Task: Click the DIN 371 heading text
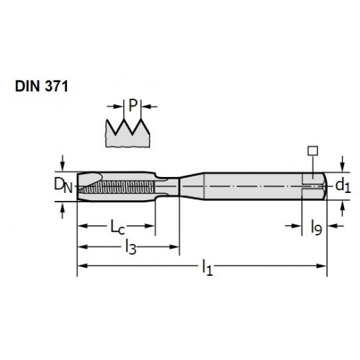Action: click(x=42, y=86)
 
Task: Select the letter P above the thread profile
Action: click(x=132, y=105)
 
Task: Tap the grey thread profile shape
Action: click(x=127, y=135)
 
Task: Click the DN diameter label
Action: click(x=63, y=186)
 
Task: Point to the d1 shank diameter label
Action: click(x=343, y=185)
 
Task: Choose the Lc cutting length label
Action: click(x=117, y=227)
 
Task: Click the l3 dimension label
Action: click(x=131, y=247)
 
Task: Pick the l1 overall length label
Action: click(x=207, y=267)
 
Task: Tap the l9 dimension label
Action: click(x=316, y=228)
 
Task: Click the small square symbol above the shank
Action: click(x=313, y=150)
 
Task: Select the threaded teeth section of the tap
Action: click(x=117, y=187)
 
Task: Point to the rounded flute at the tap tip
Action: click(x=91, y=179)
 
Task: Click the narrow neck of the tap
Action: click(x=167, y=186)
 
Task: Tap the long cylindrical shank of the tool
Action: click(x=252, y=186)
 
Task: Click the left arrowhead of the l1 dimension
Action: click(x=82, y=266)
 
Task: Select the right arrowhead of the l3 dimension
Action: click(x=174, y=247)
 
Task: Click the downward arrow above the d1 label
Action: click(x=343, y=164)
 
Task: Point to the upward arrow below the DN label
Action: click(x=63, y=210)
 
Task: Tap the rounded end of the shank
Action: click(x=325, y=186)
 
